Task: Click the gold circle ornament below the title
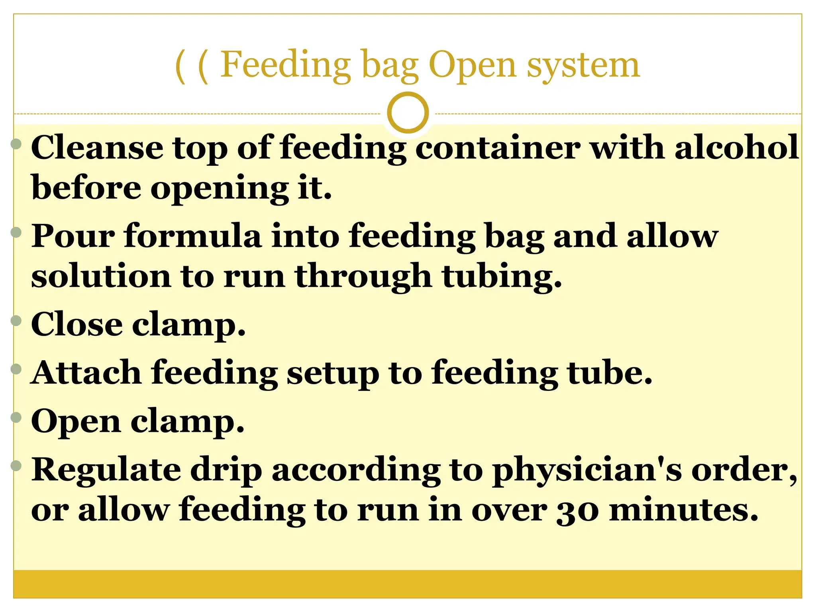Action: click(408, 113)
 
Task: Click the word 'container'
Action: click(498, 147)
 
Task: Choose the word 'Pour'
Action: click(73, 236)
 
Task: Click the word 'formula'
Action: click(193, 236)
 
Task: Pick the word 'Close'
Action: click(77, 324)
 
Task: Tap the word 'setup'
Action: click(333, 374)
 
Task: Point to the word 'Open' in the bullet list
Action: click(76, 422)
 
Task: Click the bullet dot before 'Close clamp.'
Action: click(16, 320)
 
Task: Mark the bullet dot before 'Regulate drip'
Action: click(16, 465)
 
